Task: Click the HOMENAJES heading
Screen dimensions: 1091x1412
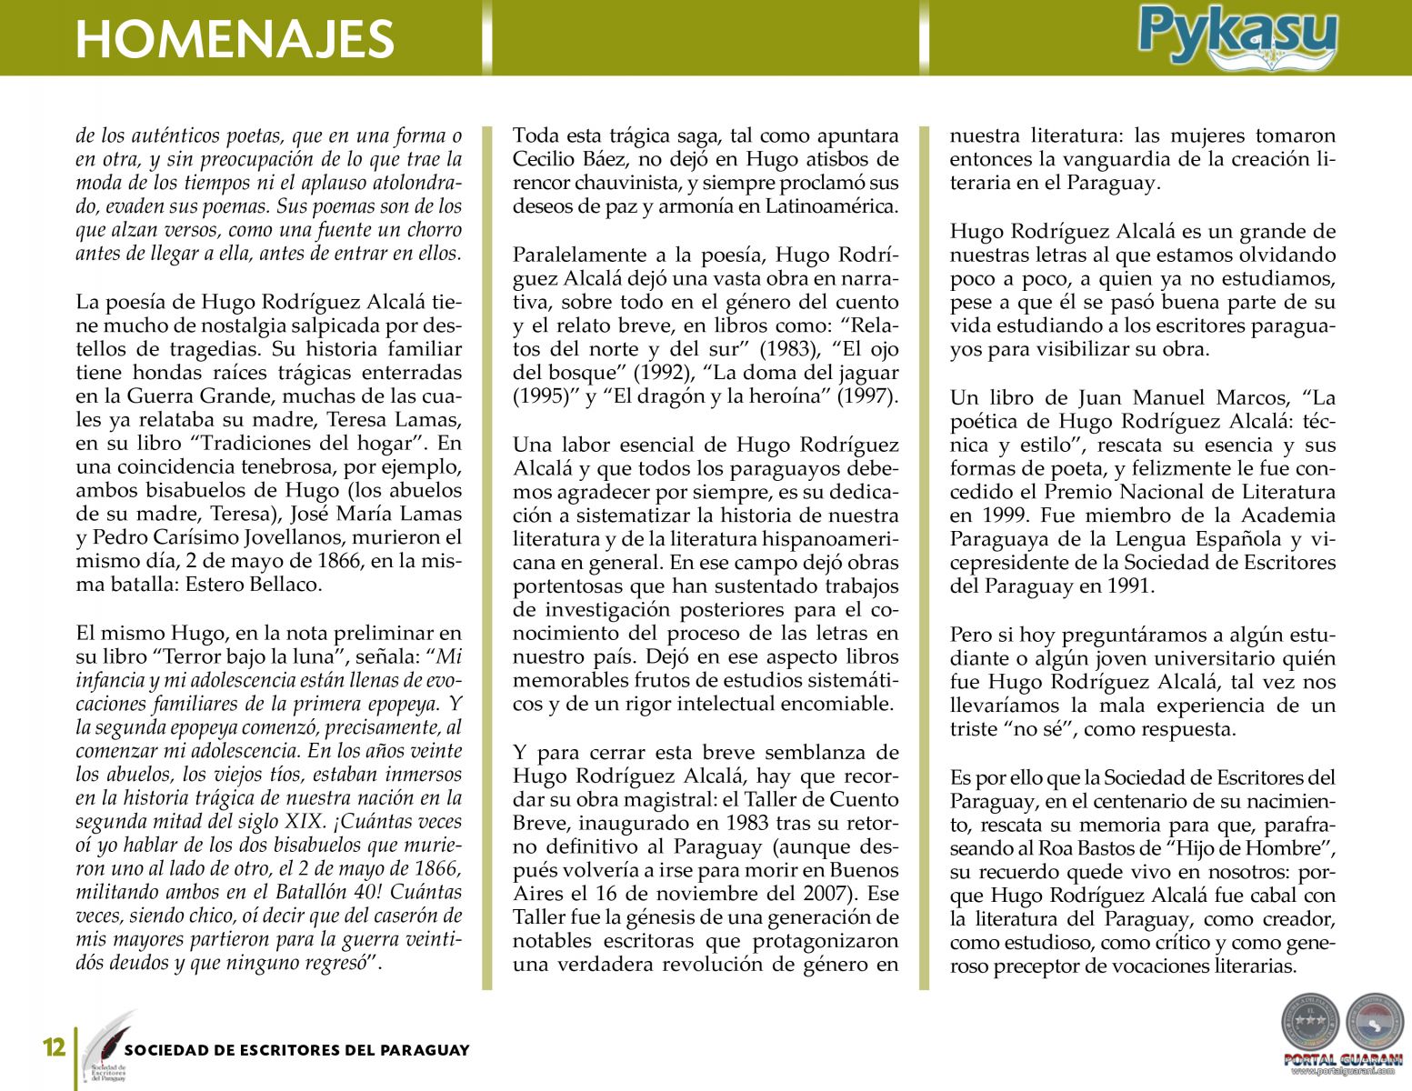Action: click(x=235, y=38)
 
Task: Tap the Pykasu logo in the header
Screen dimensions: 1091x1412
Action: click(x=1237, y=36)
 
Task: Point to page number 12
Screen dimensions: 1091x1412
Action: click(x=55, y=1047)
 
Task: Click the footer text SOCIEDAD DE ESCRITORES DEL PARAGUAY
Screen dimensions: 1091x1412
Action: click(x=297, y=1050)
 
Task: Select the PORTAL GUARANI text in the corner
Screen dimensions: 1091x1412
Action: click(x=1343, y=1059)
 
